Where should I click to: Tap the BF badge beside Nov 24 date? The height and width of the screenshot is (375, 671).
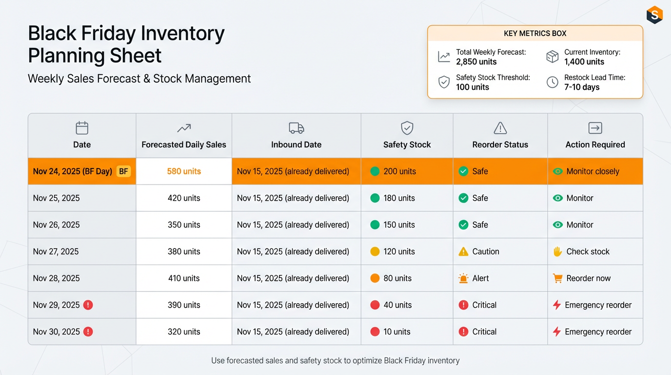(x=123, y=171)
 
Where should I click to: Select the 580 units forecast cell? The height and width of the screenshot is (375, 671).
(x=184, y=171)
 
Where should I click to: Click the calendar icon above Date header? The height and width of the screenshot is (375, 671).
(x=82, y=128)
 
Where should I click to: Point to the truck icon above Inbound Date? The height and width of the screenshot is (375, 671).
(x=296, y=128)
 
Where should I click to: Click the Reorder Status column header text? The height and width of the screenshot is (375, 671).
(x=500, y=145)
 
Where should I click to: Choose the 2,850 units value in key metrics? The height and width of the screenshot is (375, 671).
(x=476, y=62)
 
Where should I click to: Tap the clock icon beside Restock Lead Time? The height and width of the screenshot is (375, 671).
(x=552, y=82)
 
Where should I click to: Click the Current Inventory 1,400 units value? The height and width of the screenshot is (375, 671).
(x=584, y=62)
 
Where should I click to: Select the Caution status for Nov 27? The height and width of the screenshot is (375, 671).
(x=485, y=251)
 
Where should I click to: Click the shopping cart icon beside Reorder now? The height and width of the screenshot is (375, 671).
(x=557, y=278)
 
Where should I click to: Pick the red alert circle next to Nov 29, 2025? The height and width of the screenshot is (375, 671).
(x=88, y=305)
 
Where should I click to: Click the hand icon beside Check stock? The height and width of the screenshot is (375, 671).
(x=557, y=251)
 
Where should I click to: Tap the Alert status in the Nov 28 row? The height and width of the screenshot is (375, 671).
(x=480, y=278)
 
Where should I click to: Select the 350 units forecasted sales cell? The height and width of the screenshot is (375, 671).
(x=184, y=225)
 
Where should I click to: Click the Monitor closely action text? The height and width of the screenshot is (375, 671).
(x=592, y=171)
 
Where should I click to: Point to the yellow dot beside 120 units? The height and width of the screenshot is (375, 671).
(x=375, y=251)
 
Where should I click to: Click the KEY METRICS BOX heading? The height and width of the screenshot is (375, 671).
(x=535, y=34)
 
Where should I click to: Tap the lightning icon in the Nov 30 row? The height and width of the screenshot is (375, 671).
(x=556, y=332)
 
